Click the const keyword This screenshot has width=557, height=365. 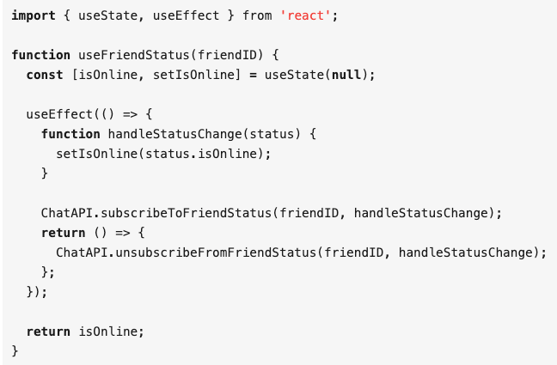[x=45, y=75]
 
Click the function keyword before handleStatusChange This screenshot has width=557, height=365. [x=70, y=134]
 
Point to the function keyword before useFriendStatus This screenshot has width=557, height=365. [x=41, y=55]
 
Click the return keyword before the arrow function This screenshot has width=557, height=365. [x=64, y=232]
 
